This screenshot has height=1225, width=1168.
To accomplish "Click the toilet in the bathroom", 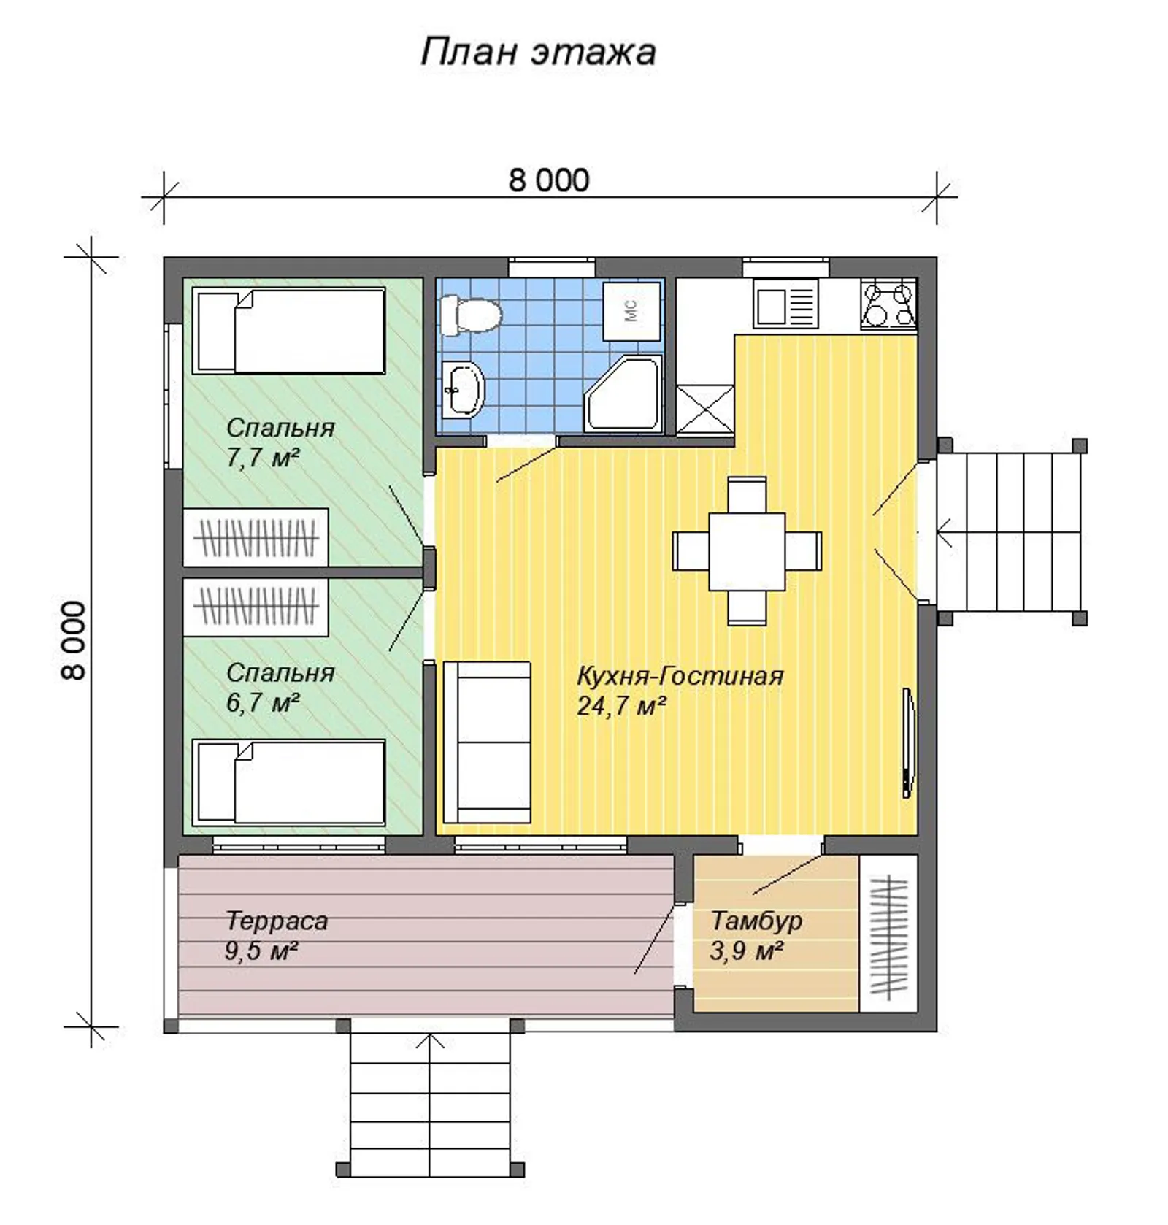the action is point(471,315).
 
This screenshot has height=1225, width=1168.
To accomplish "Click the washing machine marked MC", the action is point(631,311).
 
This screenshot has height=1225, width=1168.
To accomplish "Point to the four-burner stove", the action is point(888,304).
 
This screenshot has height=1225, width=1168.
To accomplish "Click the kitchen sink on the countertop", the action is point(785,304).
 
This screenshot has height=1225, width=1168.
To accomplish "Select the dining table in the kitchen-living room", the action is point(747,551).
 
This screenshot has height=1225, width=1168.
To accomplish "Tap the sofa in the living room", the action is point(486,742).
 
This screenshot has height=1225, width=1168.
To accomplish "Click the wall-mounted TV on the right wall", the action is point(907,743).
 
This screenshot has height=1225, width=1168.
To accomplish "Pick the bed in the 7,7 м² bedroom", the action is point(289,331).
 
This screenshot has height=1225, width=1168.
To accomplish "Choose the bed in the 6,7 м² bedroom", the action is point(289,783).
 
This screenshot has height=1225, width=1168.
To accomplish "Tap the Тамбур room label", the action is point(756,921).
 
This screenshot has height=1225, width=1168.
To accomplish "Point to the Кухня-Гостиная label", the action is point(680,676).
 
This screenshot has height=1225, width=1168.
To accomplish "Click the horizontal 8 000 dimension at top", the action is point(549,180).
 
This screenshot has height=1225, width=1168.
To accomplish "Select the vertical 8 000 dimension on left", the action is point(74,640).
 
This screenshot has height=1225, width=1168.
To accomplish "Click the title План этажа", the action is point(538,52).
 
